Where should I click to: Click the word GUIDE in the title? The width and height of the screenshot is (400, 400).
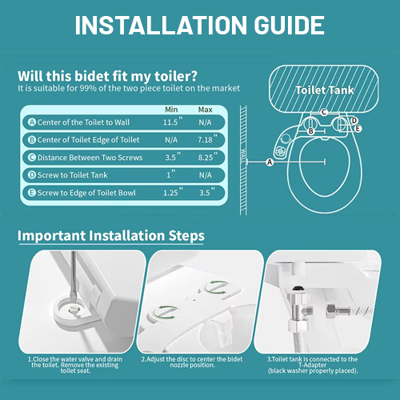click(x=289, y=25)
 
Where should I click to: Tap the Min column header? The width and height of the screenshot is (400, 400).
click(x=171, y=110)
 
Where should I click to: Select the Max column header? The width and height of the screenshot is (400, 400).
click(x=205, y=110)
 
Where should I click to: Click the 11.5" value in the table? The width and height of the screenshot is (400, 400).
click(x=173, y=122)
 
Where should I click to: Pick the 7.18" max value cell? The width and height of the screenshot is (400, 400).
click(x=207, y=138)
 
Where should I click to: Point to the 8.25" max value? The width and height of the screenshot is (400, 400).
click(x=207, y=157)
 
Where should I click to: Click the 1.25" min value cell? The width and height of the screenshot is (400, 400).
click(x=173, y=192)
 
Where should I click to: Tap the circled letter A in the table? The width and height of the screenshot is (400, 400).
click(x=32, y=122)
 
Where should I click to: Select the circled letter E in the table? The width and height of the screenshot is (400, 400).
click(x=32, y=193)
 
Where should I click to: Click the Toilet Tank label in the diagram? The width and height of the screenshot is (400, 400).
click(x=325, y=90)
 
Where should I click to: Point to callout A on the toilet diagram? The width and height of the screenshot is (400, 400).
click(x=270, y=162)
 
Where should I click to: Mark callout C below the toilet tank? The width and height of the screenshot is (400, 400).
click(x=324, y=112)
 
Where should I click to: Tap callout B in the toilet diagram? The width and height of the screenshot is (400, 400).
click(x=310, y=131)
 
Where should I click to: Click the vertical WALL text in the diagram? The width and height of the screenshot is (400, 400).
click(x=243, y=156)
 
